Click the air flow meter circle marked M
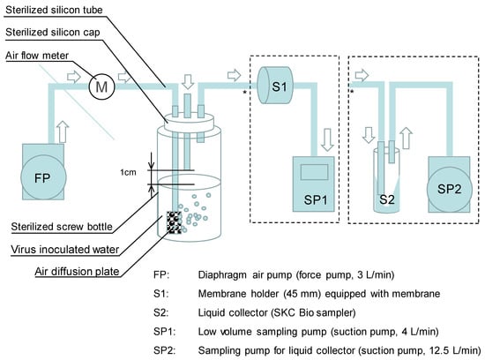pyautogui.click(x=101, y=86)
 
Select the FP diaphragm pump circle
pyautogui.click(x=43, y=177)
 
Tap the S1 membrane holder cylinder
pyautogui.click(x=275, y=85)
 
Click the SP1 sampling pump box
pyautogui.click(x=314, y=184)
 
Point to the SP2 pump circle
pyautogui.click(x=450, y=190)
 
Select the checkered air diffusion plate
pyautogui.click(x=174, y=222)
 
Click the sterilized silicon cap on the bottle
pyautogui.click(x=189, y=123)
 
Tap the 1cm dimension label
pyautogui.click(x=129, y=172)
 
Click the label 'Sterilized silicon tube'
pyautogui.click(x=54, y=10)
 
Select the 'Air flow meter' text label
pyautogui.click(x=37, y=56)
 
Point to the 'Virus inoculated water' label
pyautogui.click(x=65, y=250)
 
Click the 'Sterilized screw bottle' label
pyautogui.click(x=62, y=227)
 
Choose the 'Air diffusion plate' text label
pyautogui.click(x=77, y=272)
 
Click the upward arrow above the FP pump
pyautogui.click(x=63, y=131)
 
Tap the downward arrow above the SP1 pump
pyautogui.click(x=327, y=140)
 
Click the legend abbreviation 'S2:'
pyautogui.click(x=160, y=312)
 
